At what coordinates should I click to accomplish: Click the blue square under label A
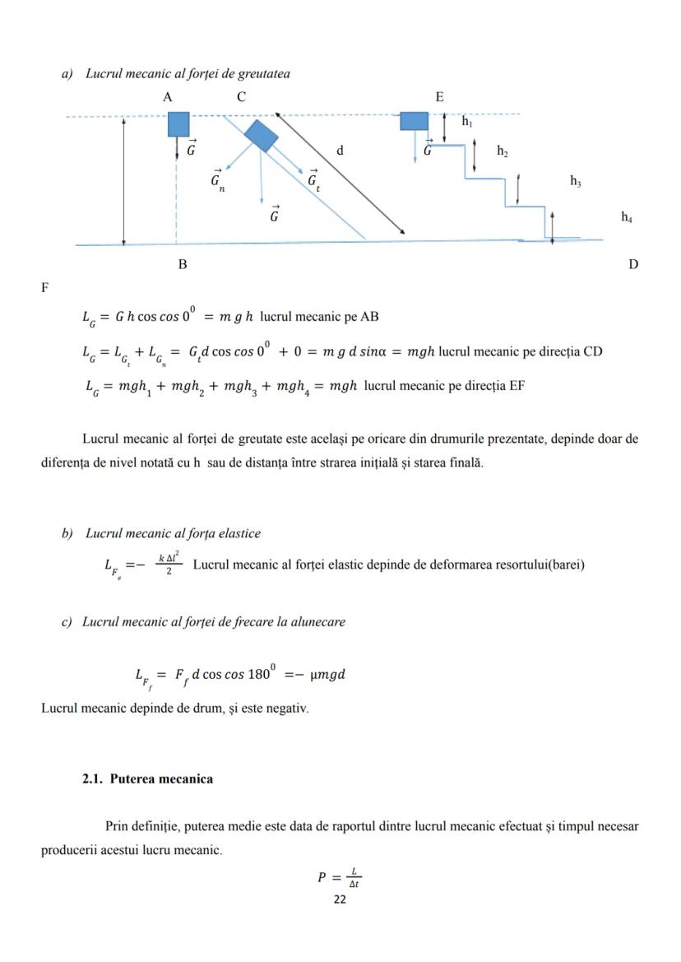click(x=178, y=124)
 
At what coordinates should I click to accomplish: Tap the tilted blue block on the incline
click(x=262, y=136)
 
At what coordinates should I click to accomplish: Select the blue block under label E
click(x=414, y=121)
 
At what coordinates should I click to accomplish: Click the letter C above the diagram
click(x=242, y=97)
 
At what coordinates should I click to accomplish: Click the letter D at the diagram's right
click(x=632, y=265)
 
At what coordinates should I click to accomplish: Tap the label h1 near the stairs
click(x=467, y=122)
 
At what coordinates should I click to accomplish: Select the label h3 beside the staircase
click(x=576, y=181)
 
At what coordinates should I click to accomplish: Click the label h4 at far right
click(x=627, y=217)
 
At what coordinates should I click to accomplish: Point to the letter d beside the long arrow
click(x=340, y=151)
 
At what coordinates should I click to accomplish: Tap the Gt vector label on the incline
click(x=313, y=181)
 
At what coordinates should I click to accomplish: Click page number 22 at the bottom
click(x=340, y=899)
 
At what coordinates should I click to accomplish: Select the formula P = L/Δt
click(x=340, y=877)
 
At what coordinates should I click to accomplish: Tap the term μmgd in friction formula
click(x=327, y=675)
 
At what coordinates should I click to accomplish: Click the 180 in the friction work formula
click(x=259, y=674)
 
